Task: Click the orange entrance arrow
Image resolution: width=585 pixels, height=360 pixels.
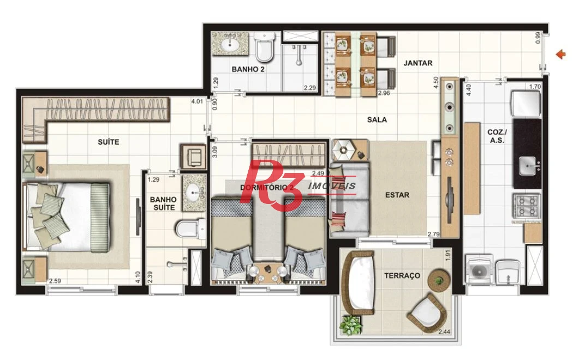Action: click(561, 55)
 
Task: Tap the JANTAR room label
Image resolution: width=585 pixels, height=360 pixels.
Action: click(418, 63)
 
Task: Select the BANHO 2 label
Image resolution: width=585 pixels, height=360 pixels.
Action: click(248, 69)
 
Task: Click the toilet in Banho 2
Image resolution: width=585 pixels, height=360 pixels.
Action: click(265, 46)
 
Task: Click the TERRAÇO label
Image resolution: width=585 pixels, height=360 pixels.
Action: click(402, 275)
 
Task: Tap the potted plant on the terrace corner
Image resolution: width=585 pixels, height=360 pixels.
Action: click(350, 325)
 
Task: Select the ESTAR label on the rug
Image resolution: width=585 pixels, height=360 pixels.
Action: click(397, 195)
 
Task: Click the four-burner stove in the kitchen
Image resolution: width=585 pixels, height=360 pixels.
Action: click(526, 206)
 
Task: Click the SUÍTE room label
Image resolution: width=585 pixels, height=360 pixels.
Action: click(109, 142)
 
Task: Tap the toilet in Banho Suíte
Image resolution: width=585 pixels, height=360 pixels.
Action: click(190, 229)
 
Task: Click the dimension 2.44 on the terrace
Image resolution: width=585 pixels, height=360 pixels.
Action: click(444, 332)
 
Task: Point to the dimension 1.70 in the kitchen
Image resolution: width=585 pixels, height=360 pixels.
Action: click(535, 87)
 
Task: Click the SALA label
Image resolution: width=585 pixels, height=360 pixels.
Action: click(377, 120)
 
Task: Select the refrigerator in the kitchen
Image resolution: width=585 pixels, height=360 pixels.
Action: click(526, 103)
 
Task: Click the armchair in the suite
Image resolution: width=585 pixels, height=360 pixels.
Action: click(193, 156)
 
